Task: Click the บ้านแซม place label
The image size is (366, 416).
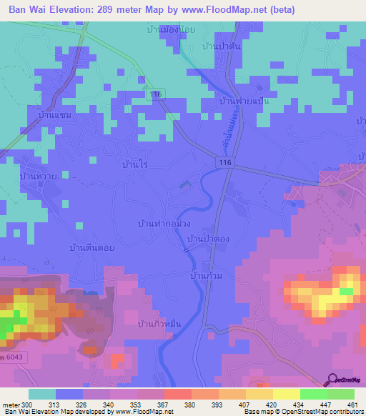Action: [x=56, y=114]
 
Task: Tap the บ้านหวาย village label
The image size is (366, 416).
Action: [x=38, y=175]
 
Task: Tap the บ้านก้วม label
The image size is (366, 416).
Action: [x=204, y=274]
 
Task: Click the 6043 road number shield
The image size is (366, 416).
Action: [x=14, y=355]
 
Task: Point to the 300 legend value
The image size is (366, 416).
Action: [x=28, y=405]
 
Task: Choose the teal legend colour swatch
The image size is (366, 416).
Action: [x=41, y=394]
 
